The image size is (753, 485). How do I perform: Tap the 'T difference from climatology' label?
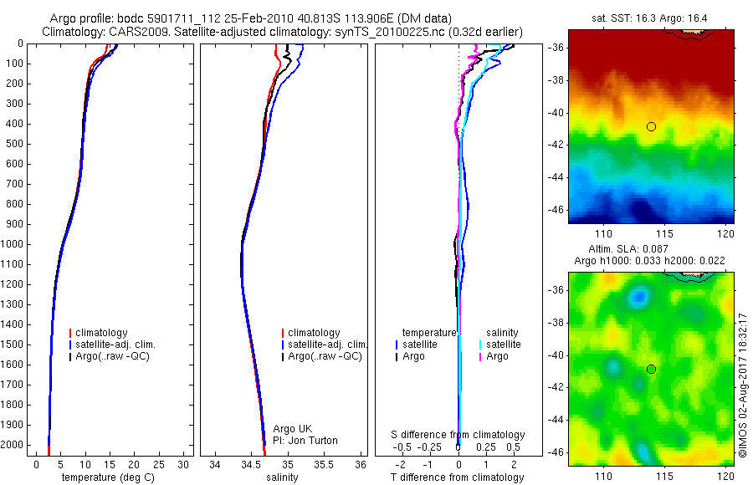click(x=457, y=477)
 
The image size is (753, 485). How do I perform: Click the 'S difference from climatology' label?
click(x=458, y=435)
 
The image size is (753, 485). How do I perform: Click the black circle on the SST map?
click(x=651, y=126)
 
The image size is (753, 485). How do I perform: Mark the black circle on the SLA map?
click(x=651, y=369)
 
